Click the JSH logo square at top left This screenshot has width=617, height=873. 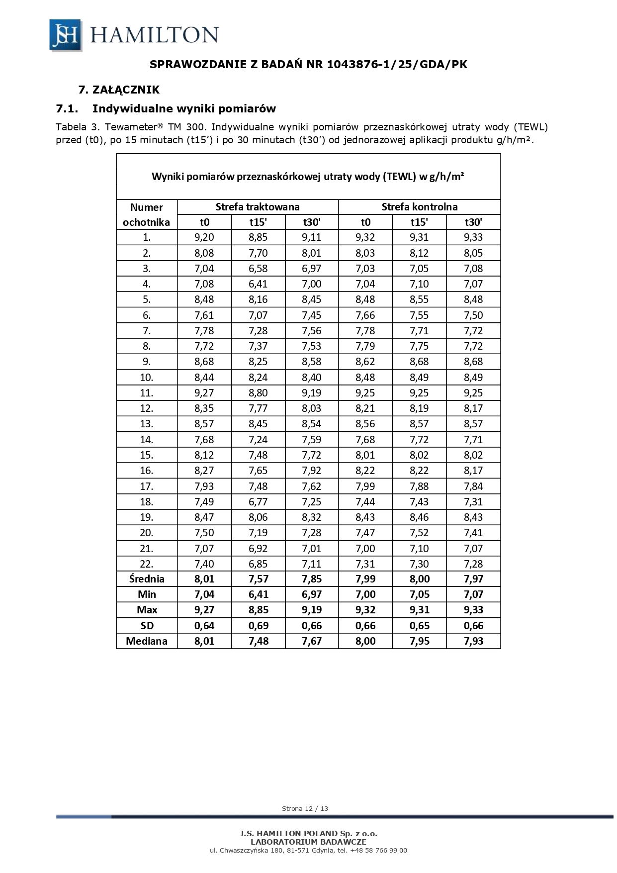[66, 35]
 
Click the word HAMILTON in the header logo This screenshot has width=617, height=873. [154, 35]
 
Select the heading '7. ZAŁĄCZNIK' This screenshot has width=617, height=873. [119, 90]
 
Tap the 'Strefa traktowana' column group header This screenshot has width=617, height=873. [258, 207]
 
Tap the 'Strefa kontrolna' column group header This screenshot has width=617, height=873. [419, 207]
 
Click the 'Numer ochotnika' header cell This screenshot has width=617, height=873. [147, 214]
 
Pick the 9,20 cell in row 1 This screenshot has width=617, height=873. [204, 237]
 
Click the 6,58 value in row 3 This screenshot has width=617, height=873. [258, 269]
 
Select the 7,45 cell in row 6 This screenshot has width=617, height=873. [312, 315]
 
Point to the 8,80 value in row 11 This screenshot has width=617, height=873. [258, 393]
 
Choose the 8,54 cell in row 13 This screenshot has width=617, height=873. [312, 424]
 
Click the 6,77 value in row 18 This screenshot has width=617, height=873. [258, 501]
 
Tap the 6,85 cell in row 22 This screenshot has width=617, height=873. [258, 564]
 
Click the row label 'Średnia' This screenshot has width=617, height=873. [147, 579]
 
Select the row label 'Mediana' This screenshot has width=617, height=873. [147, 641]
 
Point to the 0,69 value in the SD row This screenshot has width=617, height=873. [258, 626]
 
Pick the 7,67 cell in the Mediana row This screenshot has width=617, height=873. [312, 641]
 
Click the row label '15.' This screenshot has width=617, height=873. [147, 455]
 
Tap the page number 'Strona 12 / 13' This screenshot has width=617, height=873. [305, 808]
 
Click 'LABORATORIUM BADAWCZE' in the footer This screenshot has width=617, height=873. [308, 842]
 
